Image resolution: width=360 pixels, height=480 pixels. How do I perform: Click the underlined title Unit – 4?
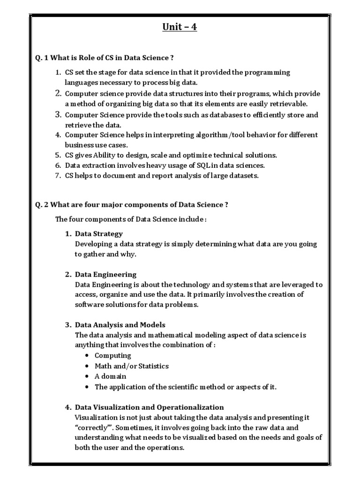180,27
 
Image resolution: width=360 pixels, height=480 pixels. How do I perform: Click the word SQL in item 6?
198,165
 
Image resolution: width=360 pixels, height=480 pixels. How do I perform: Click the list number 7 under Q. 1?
58,176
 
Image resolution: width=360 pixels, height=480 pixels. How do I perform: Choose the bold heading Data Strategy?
98,233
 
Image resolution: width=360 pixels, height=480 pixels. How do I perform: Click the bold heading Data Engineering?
105,274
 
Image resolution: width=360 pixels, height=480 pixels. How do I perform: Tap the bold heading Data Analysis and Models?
120,325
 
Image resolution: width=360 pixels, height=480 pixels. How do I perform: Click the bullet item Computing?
112,356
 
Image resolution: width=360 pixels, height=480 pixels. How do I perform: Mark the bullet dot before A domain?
87,376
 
